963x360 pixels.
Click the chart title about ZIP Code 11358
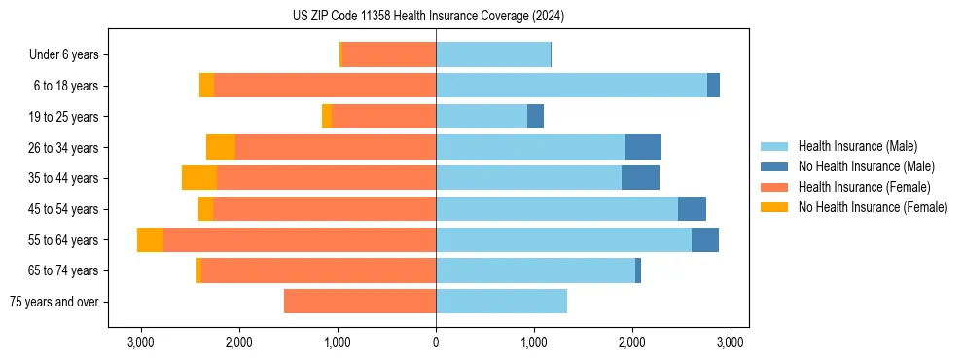(x=428, y=17)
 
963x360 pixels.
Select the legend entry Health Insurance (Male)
(x=857, y=146)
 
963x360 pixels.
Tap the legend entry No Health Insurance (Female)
(x=873, y=207)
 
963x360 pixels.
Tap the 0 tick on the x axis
(x=436, y=342)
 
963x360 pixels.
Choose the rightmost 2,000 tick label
(x=632, y=342)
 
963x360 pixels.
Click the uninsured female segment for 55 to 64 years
(x=150, y=240)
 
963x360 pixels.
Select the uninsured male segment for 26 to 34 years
(x=643, y=147)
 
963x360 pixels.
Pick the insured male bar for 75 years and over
(x=501, y=302)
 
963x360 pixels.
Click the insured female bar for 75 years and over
(x=360, y=302)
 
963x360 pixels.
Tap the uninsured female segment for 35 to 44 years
(x=199, y=178)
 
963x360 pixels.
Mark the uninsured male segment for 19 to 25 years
(x=535, y=117)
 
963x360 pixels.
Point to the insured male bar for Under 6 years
(x=493, y=55)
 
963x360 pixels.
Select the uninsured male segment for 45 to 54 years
(x=692, y=209)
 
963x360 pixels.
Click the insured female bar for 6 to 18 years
(x=325, y=86)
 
